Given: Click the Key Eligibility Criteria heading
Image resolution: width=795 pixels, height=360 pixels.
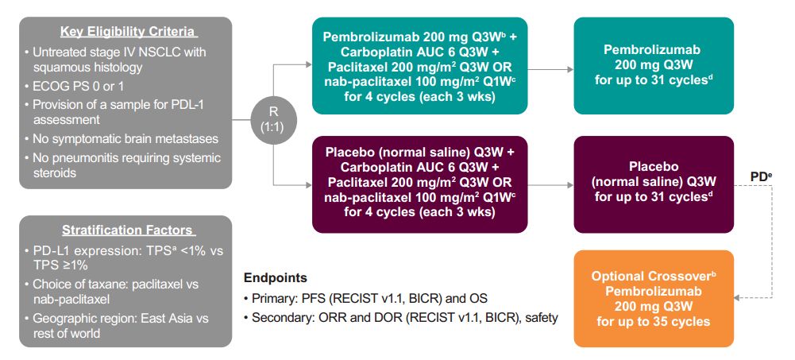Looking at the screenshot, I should point(128,32).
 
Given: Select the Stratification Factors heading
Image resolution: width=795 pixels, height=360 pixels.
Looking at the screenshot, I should point(128,230).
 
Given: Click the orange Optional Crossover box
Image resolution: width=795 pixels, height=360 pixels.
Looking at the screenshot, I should point(653,299).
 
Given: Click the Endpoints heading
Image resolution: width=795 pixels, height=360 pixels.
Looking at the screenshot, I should point(275,279).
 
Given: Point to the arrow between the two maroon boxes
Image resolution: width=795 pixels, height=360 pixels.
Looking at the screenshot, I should point(551,185).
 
